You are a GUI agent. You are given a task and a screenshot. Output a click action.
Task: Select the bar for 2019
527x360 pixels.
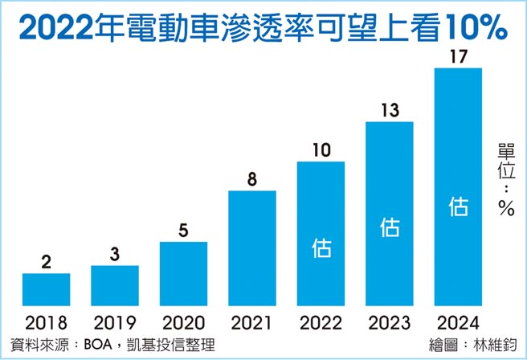click(x=114, y=285)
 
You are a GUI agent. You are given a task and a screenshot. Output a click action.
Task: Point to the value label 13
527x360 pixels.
click(x=389, y=110)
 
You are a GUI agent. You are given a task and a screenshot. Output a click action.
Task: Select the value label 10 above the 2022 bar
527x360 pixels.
click(x=321, y=150)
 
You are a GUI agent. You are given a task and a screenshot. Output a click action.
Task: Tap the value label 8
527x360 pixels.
click(x=252, y=179)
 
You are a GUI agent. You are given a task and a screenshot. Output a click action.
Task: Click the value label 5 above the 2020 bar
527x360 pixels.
click(x=183, y=230)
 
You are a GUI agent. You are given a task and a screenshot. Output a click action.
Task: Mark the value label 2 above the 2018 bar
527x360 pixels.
click(x=46, y=262)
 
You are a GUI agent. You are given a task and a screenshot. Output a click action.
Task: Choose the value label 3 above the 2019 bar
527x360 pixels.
click(x=114, y=254)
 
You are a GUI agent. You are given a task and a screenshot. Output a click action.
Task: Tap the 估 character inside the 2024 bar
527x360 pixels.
click(x=458, y=207)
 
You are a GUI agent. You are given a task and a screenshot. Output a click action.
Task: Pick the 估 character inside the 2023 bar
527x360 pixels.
click(x=390, y=228)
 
